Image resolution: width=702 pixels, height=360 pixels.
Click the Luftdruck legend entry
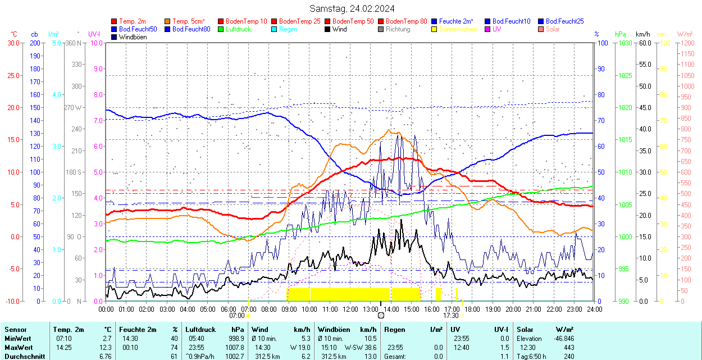(x=238, y=29)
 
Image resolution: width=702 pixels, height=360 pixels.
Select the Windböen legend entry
(x=133, y=37)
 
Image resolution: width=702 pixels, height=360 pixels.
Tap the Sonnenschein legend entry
(x=458, y=29)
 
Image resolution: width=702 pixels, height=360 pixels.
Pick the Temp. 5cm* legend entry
(x=188, y=21)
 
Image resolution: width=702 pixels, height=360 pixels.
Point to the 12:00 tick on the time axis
(x=350, y=309)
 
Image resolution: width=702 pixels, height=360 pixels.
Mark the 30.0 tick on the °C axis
(x=12, y=43)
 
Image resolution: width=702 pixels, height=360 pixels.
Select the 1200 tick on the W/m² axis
(x=686, y=43)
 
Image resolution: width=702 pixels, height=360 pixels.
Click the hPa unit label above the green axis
(x=621, y=34)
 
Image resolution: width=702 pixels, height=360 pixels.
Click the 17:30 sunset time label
(x=451, y=316)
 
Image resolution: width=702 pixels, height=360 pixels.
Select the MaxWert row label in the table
(x=19, y=348)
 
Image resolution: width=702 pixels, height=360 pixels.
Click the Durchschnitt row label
(x=22, y=357)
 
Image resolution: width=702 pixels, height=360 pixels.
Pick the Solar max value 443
(x=568, y=348)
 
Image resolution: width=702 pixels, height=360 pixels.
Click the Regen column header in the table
(x=394, y=330)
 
